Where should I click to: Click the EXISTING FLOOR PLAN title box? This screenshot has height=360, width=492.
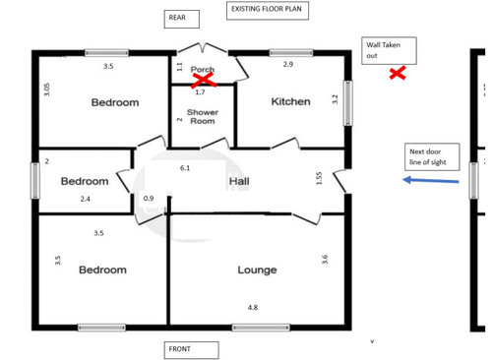coord(268,11)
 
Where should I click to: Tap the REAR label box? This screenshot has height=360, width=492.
coord(182,19)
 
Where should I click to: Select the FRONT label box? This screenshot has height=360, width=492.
coord(191,350)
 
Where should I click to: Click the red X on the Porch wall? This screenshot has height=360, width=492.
coord(204,81)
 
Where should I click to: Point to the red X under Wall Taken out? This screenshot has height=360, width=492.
coord(398,73)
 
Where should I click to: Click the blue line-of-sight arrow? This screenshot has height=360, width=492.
coord(431,180)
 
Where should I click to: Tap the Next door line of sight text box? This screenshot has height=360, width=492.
coord(432,156)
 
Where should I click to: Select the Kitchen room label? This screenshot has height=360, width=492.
coord(290,101)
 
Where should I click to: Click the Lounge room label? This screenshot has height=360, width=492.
coord(257,270)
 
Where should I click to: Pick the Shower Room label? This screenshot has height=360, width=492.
coord(203,116)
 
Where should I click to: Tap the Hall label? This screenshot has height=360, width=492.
coord(239,181)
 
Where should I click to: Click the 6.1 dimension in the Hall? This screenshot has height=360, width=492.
coord(185,168)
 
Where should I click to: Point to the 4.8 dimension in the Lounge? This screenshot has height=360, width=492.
coord(253,307)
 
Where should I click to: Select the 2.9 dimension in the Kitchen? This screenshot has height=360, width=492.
coord(288,64)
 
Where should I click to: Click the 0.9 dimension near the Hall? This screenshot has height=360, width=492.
coord(149,198)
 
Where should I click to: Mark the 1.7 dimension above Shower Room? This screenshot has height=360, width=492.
coord(200,92)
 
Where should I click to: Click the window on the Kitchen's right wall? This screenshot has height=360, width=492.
coord(348,103)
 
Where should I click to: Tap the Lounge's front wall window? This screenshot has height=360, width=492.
coord(261,328)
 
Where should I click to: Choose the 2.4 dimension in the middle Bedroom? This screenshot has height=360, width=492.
coord(86,199)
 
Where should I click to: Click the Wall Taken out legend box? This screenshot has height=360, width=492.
coord(389,50)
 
